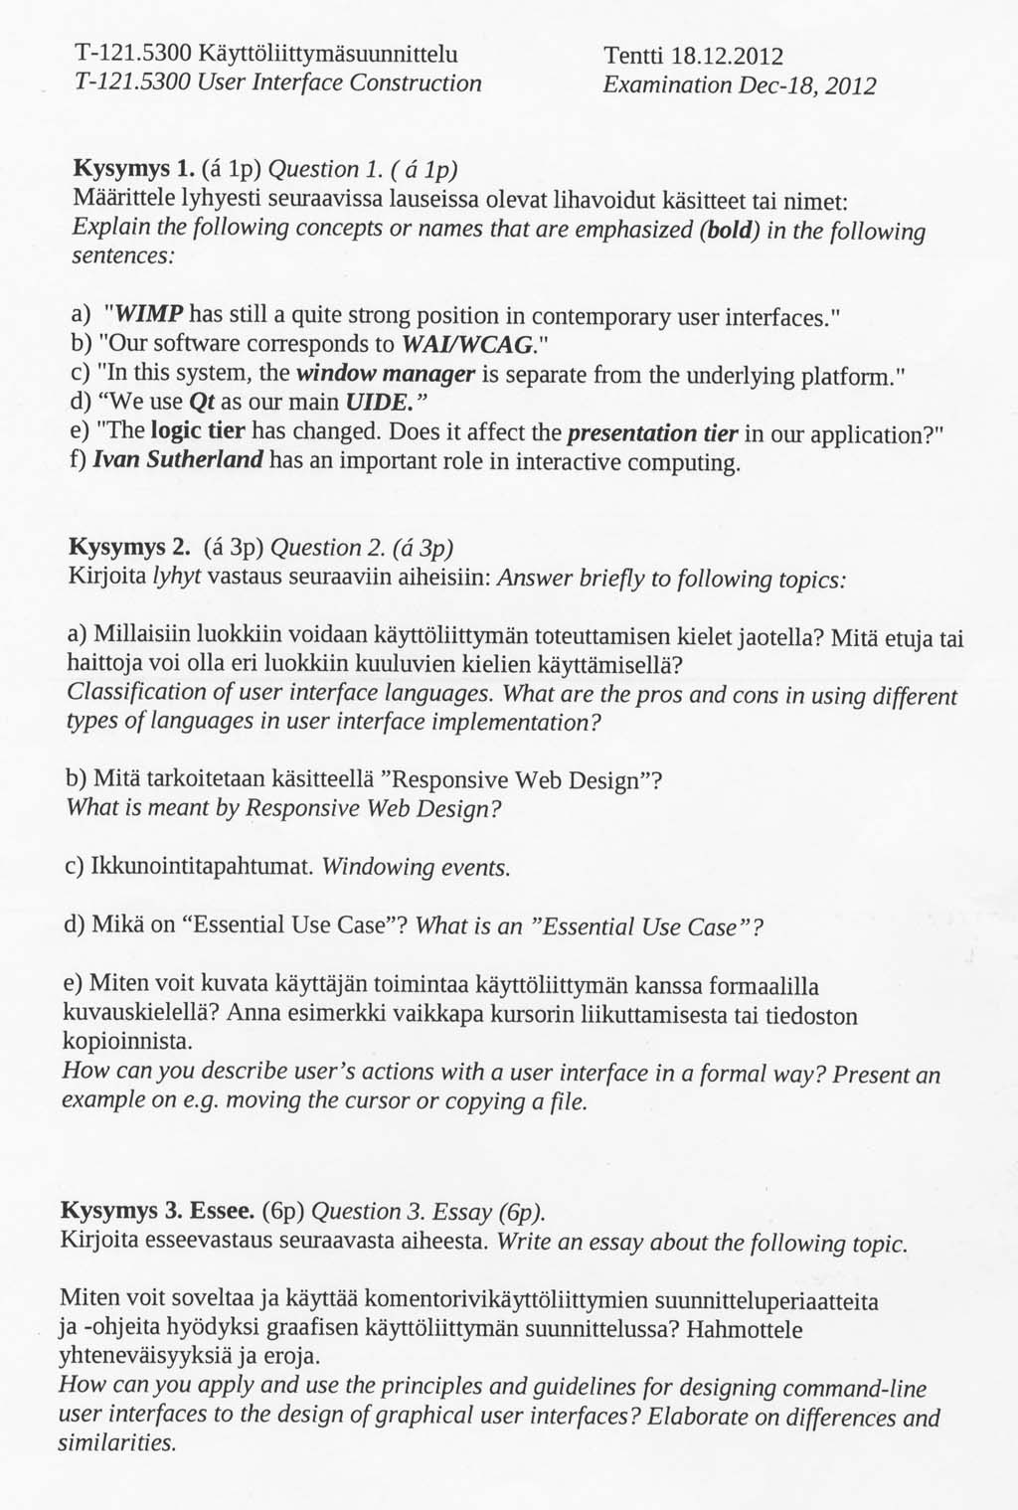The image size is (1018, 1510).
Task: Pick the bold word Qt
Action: click(x=201, y=404)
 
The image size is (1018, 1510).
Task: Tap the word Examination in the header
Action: click(x=667, y=85)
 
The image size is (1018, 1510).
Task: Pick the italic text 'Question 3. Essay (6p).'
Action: click(x=429, y=1212)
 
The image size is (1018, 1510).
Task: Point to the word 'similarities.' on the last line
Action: click(x=117, y=1442)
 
